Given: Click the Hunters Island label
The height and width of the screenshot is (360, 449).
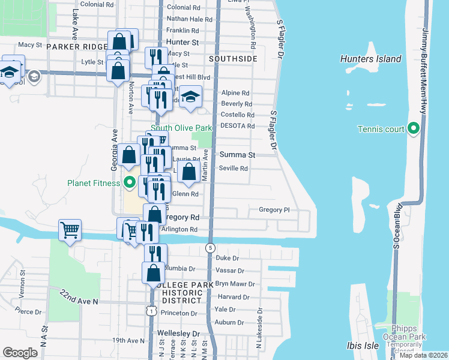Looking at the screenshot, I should (x=370, y=59).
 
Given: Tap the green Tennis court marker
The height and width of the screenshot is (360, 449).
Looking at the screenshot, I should (x=413, y=129).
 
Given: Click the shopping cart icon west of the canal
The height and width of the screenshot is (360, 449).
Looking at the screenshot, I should (x=70, y=229).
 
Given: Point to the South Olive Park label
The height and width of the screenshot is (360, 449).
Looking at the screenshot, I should (x=181, y=128).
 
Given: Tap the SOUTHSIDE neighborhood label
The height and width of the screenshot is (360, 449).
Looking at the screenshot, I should (x=233, y=59).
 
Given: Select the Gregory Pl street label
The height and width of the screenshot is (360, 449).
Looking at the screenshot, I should (x=274, y=210).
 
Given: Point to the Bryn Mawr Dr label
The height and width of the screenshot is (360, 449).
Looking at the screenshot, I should (x=235, y=284).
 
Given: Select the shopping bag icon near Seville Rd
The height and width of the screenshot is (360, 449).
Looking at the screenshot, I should (x=188, y=171).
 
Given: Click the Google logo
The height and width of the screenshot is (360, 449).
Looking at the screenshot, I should (x=20, y=353).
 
